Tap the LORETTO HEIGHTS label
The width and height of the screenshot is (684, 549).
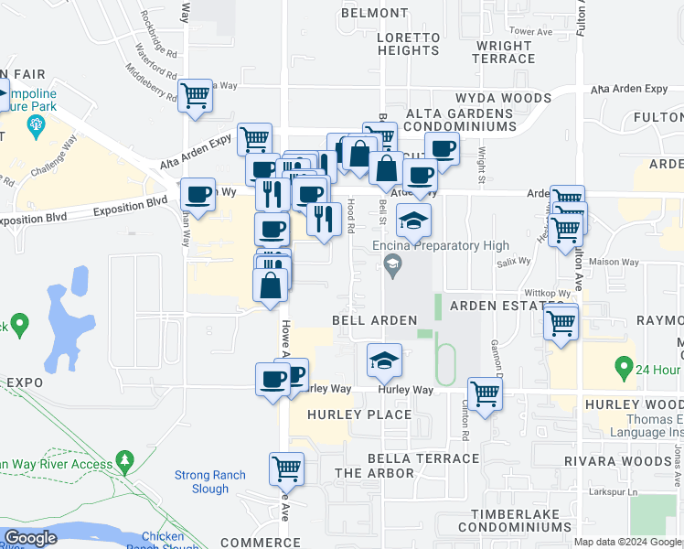click(409, 44)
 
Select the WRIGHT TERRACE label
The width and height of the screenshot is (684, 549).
click(504, 52)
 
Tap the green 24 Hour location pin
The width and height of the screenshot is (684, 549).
click(625, 368)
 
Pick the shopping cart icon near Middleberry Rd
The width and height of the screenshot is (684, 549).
click(196, 95)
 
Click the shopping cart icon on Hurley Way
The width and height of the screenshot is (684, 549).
click(485, 393)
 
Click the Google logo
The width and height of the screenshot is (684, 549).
click(31, 538)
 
